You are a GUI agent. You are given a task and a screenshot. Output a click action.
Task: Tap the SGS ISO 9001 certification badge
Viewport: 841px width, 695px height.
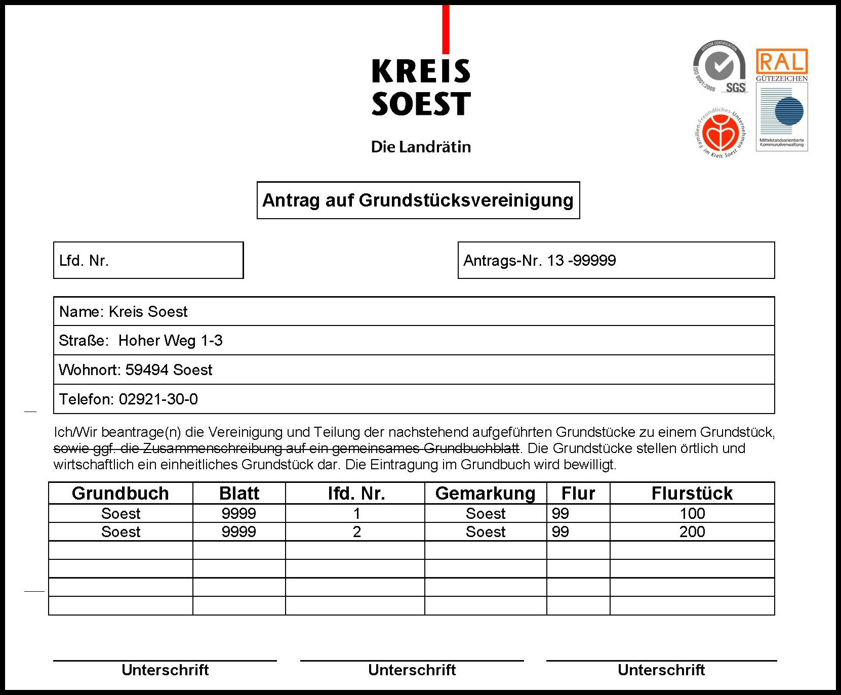pyautogui.click(x=719, y=67)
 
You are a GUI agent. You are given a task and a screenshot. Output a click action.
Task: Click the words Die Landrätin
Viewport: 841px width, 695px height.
pyautogui.click(x=421, y=147)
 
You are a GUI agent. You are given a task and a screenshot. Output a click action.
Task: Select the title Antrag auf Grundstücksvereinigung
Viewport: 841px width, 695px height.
pyautogui.click(x=418, y=200)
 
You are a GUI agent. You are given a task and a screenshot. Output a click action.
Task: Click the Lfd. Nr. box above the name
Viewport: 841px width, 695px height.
pyautogui.click(x=148, y=261)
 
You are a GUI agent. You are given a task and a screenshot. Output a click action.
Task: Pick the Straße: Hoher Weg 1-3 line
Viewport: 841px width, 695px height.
pyautogui.click(x=141, y=341)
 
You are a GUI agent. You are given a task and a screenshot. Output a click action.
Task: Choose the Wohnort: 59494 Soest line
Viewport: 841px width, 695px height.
pyautogui.click(x=136, y=370)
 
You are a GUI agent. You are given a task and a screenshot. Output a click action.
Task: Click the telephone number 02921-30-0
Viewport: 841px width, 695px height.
pyautogui.click(x=158, y=399)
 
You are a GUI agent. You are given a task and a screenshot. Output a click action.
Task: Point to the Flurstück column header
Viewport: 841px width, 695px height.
pyautogui.click(x=692, y=494)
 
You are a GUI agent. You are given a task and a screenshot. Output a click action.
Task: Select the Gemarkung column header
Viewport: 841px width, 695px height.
pyautogui.click(x=485, y=494)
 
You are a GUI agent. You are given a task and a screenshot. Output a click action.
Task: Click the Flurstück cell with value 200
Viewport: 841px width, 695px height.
pyautogui.click(x=692, y=532)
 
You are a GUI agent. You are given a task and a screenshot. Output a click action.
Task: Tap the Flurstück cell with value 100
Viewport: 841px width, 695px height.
pyautogui.click(x=692, y=514)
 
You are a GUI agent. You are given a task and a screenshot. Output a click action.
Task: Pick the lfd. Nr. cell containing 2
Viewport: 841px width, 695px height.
pyautogui.click(x=356, y=532)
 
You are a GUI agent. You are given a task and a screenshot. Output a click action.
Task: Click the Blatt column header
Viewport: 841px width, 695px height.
pyautogui.click(x=239, y=494)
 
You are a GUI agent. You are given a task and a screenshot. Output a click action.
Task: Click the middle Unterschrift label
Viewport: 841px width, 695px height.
pyautogui.click(x=412, y=670)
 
